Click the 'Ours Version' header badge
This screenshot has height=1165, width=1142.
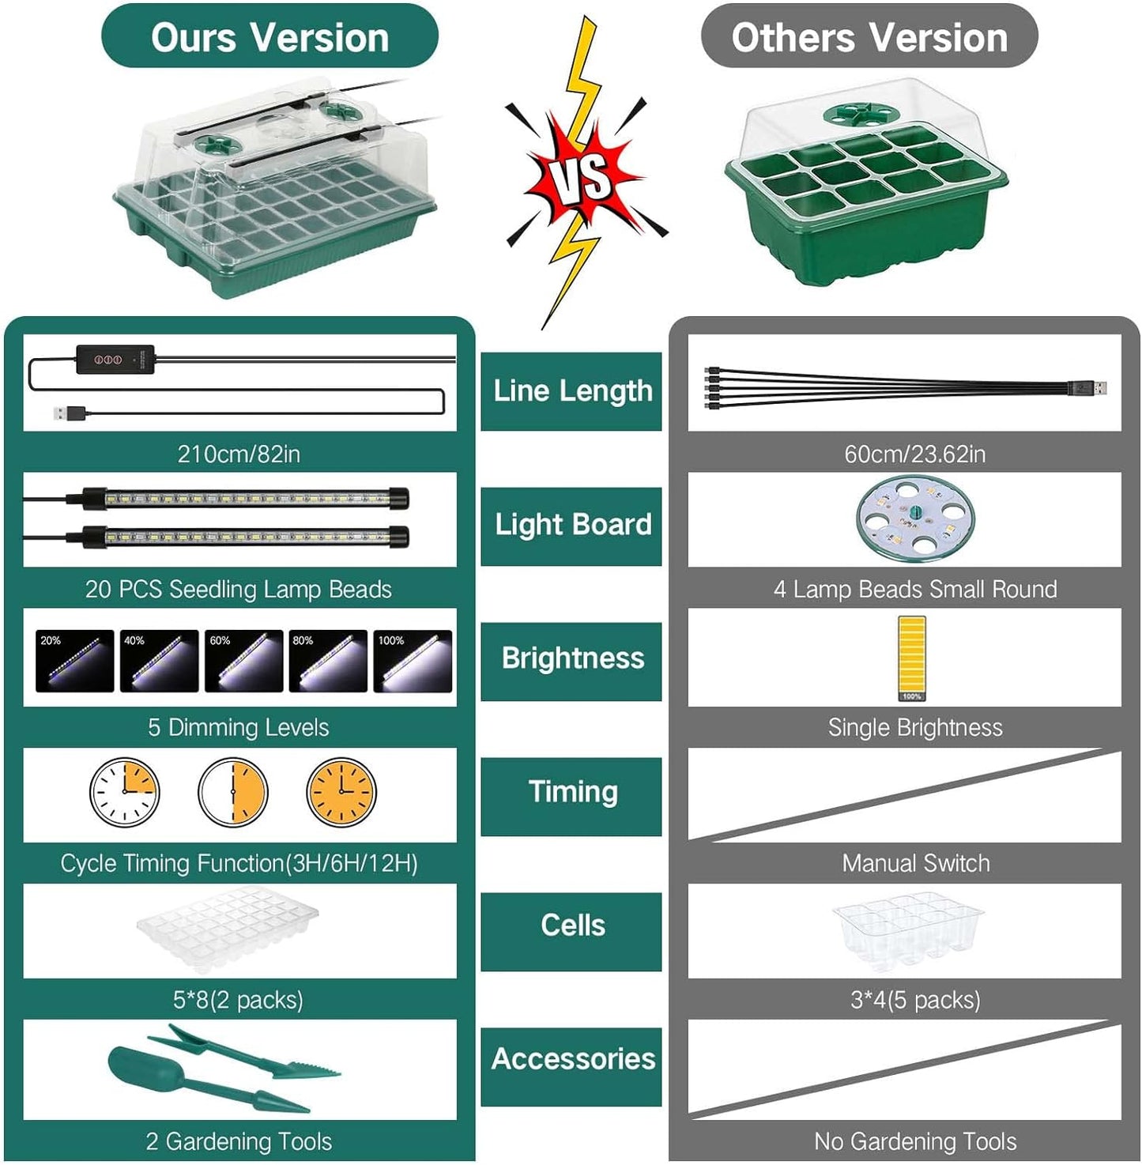tap(269, 36)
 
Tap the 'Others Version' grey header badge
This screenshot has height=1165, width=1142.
tap(869, 36)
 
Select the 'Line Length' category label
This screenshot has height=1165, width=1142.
tap(571, 391)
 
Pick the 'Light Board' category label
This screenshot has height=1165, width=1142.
tap(571, 526)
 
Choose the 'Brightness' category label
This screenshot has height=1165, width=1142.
tap(571, 660)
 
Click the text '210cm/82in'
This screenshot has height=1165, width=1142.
tap(239, 454)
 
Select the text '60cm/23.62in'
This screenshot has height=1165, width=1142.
tap(914, 454)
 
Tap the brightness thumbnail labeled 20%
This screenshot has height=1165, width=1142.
tap(74, 661)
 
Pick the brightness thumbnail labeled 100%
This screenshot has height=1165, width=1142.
tap(413, 661)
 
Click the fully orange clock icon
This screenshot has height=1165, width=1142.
tap(341, 791)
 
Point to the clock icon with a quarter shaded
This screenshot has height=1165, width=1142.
tap(125, 791)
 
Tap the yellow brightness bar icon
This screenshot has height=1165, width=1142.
tap(911, 658)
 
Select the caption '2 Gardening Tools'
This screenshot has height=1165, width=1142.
tap(239, 1142)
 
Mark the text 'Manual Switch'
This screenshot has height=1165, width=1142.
tap(916, 863)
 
